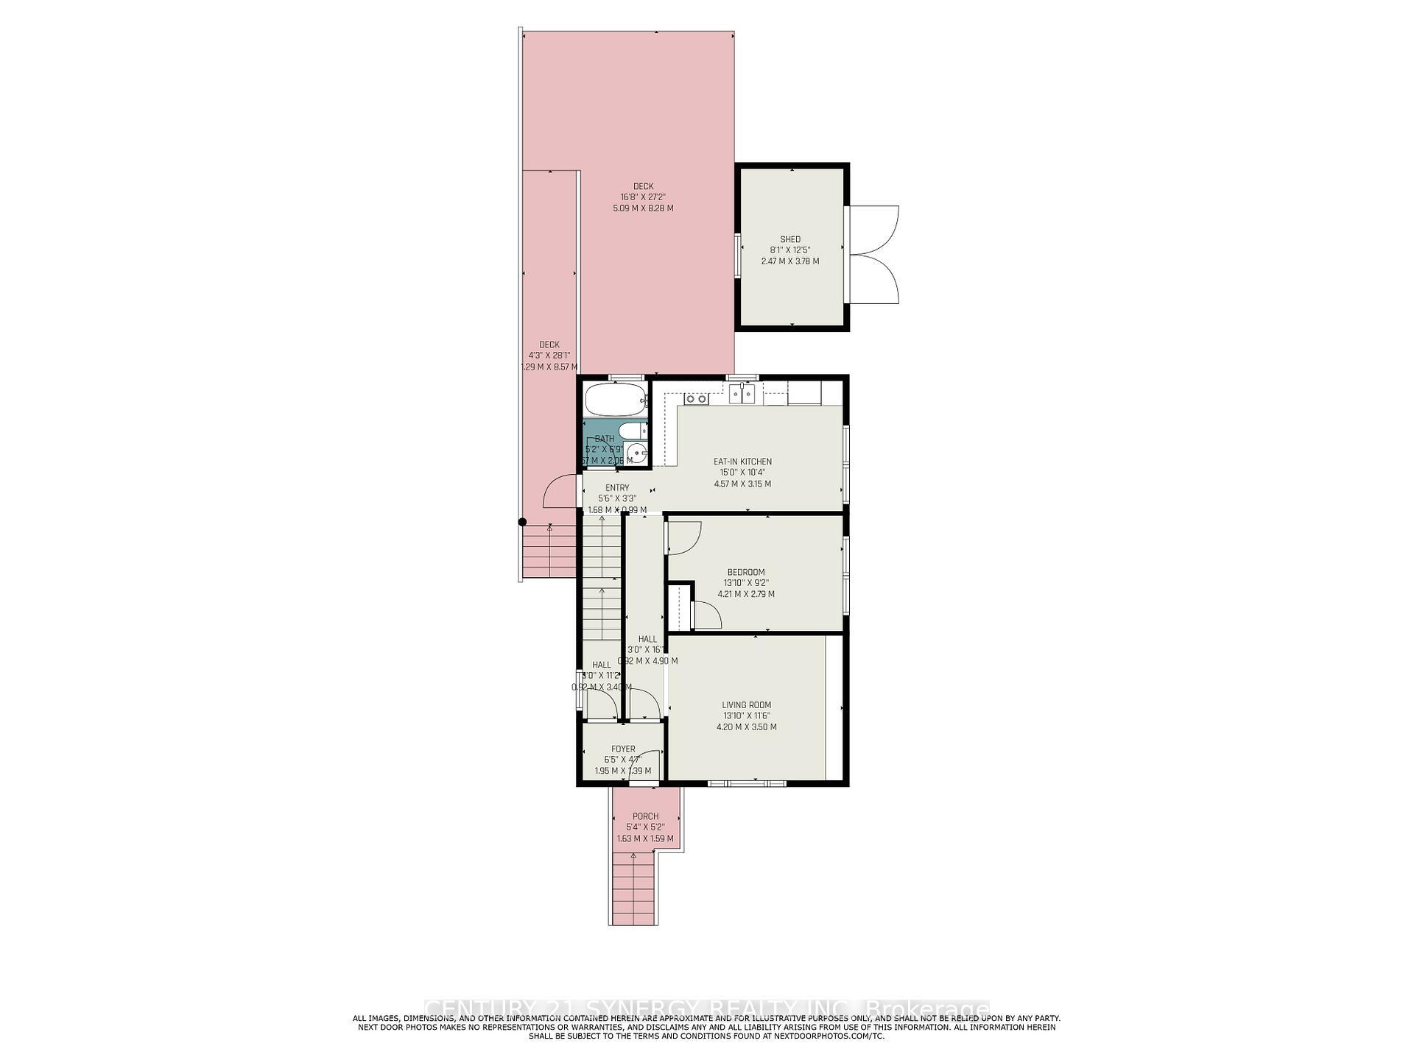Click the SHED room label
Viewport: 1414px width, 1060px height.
click(x=789, y=239)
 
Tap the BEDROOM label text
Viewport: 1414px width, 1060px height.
click(x=745, y=572)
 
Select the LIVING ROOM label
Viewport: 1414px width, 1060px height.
click(x=746, y=704)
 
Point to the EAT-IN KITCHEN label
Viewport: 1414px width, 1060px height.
click(x=742, y=462)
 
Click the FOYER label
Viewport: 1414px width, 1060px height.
click(x=623, y=749)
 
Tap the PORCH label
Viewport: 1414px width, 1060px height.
click(x=645, y=816)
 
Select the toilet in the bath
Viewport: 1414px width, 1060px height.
click(x=631, y=431)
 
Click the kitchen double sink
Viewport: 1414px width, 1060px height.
click(x=742, y=395)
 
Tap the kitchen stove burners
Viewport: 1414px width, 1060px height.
click(x=695, y=399)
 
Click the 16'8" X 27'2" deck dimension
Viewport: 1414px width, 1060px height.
click(x=643, y=197)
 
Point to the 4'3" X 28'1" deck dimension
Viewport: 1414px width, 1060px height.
click(x=549, y=356)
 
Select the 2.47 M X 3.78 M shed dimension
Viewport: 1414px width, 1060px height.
click(x=789, y=261)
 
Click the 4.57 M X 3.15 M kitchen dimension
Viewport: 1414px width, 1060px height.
click(x=742, y=484)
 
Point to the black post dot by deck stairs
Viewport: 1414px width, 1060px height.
click(x=522, y=522)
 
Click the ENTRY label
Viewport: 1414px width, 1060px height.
click(x=617, y=487)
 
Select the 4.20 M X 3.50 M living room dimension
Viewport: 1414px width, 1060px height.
click(x=746, y=727)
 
